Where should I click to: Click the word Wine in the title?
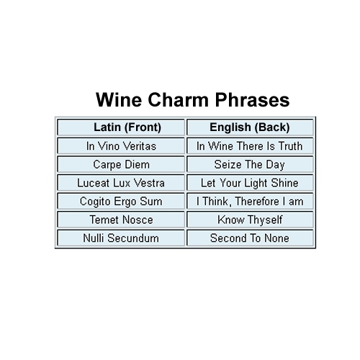119,99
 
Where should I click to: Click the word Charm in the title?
178,99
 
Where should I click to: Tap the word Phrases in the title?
252,100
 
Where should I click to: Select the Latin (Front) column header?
121,127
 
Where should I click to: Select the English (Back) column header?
250,127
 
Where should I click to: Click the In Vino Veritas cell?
121,145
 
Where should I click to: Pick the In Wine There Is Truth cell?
250,145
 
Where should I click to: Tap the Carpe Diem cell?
121,164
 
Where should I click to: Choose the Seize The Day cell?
250,164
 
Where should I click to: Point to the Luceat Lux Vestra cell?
121,183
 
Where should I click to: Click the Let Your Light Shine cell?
250,183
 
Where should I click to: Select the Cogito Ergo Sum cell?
121,201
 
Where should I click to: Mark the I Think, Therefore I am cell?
250,201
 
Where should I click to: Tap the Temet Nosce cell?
121,220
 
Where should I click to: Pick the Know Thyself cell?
250,220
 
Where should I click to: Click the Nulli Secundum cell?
121,238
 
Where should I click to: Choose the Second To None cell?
250,238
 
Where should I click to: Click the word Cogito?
95,202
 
